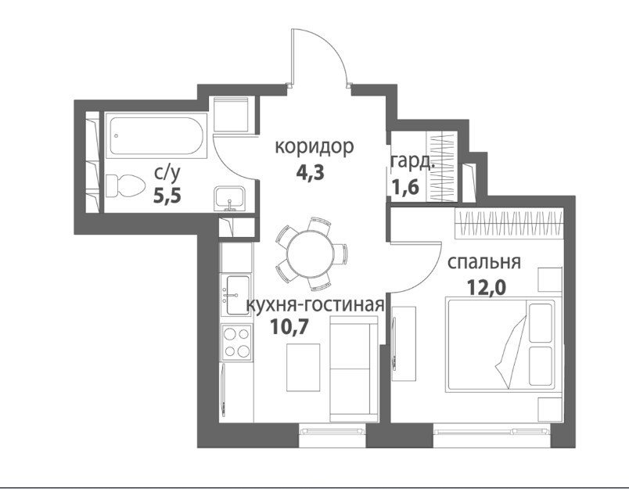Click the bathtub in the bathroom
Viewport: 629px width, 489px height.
point(156,136)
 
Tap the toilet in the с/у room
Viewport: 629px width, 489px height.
point(125,187)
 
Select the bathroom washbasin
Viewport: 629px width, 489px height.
point(229,199)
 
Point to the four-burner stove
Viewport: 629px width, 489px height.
point(237,342)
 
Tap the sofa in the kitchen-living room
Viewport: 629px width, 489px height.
point(354,369)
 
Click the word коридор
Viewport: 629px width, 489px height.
point(314,147)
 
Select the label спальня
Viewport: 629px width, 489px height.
point(483,262)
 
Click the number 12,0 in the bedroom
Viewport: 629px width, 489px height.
point(487,287)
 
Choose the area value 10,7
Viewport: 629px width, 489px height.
point(289,327)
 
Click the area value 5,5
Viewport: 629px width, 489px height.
point(167,196)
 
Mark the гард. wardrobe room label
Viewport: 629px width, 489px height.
point(412,162)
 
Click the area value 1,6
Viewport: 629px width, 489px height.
point(405,186)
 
